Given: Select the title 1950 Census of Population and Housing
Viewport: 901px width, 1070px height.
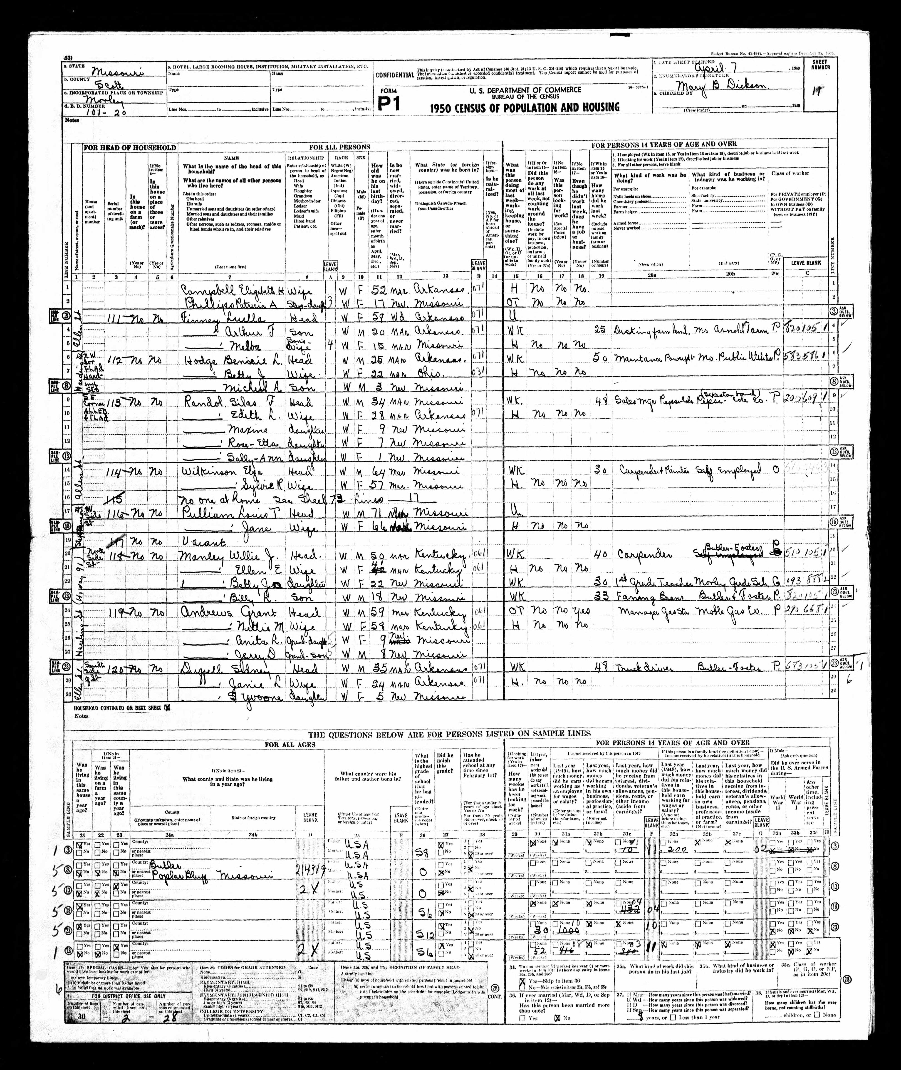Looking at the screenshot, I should click(525, 107).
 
